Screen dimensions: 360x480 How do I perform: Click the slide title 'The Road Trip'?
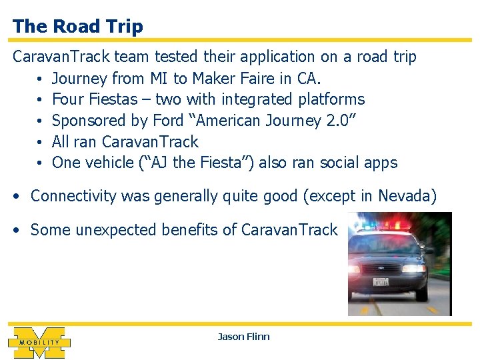77,27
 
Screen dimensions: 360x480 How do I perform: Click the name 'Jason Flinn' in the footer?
243,337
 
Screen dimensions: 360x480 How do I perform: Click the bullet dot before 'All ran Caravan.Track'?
40,142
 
